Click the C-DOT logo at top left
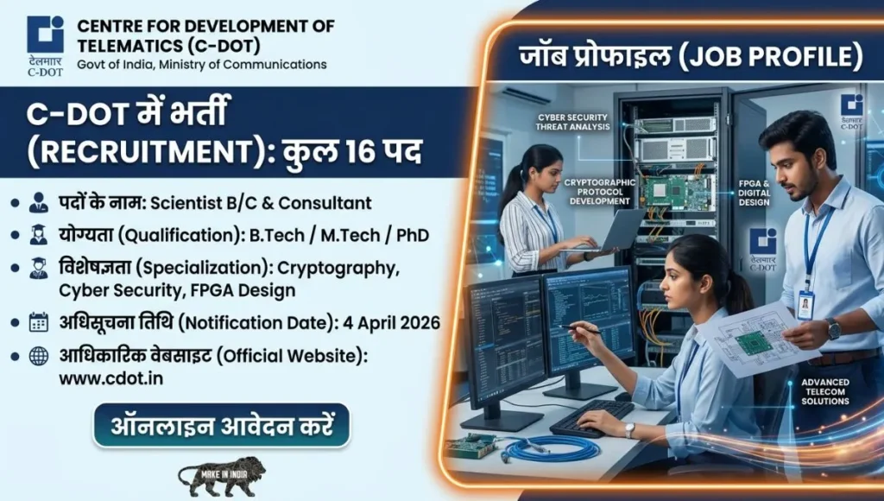[45, 35]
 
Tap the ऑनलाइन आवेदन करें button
[222, 425]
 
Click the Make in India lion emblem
[221, 476]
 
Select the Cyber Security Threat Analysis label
[573, 121]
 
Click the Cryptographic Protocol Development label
[599, 192]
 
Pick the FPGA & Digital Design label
[754, 191]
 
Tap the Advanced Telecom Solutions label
[824, 391]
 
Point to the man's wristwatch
[833, 328]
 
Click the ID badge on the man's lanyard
[805, 304]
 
